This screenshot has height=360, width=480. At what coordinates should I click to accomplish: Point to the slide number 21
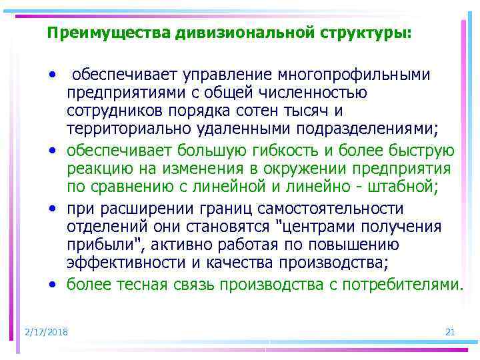point(449,332)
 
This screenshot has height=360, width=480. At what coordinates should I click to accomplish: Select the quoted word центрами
point(306,226)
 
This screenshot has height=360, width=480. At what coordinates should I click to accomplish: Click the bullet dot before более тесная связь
point(52,285)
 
